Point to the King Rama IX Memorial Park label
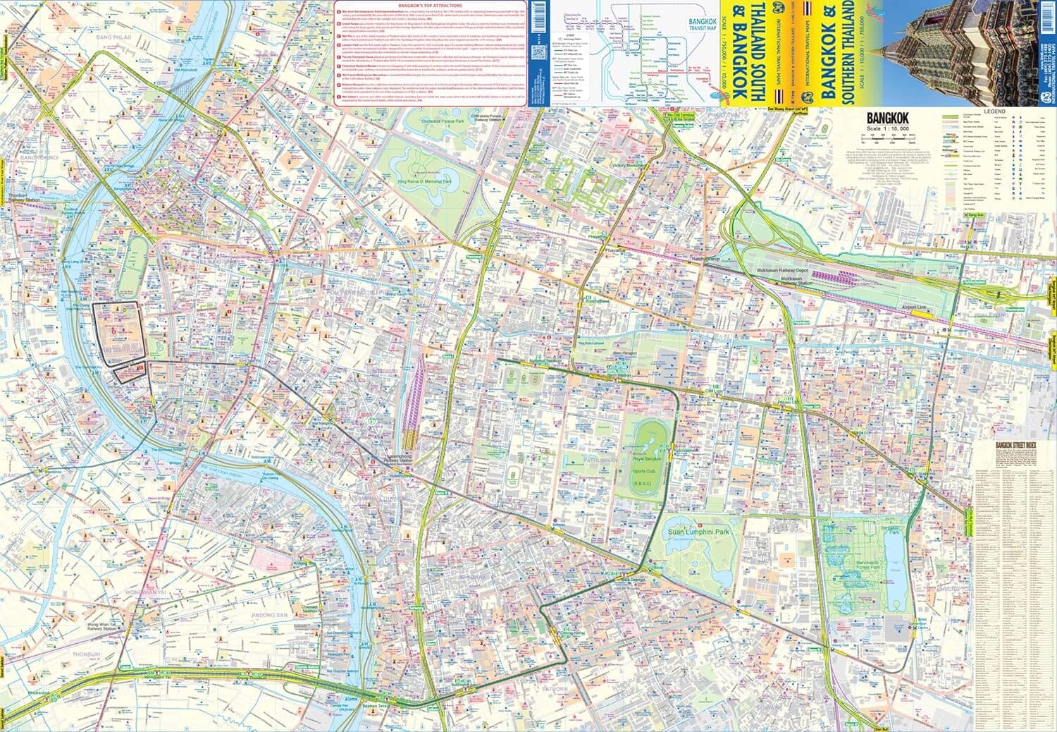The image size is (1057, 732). point(424,181)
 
